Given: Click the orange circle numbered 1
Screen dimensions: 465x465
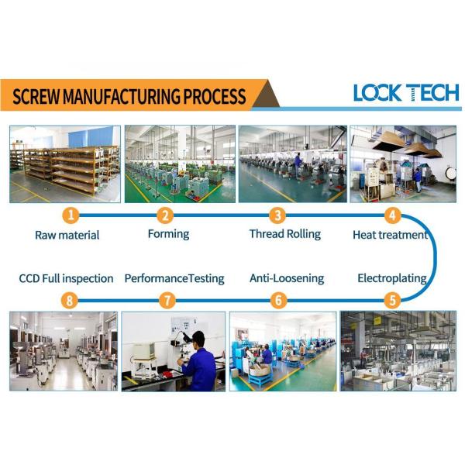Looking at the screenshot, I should tap(71, 215).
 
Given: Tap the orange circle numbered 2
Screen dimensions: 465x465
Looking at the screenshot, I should tap(165, 215).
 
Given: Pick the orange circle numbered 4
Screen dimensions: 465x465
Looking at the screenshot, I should tap(393, 215).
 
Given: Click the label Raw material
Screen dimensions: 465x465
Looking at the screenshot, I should tap(67, 235).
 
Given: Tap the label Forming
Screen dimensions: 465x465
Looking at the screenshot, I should tap(168, 233).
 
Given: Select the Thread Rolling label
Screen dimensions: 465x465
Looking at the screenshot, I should tap(284, 233).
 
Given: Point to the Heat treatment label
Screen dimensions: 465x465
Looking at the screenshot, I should tap(390, 234).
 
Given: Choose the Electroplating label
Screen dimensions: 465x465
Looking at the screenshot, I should tap(392, 277).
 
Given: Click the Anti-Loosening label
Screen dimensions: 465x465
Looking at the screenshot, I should tap(287, 277).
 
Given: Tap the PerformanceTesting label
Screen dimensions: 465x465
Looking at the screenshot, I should tap(174, 277).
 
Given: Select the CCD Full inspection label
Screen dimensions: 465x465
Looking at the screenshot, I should tap(67, 277).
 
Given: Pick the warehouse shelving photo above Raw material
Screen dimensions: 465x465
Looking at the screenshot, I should tap(65, 164).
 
